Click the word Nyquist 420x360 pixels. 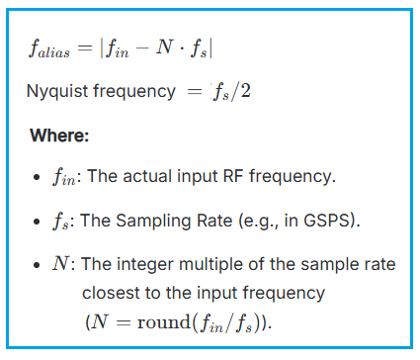coord(54,92)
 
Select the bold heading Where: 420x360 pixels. coord(60,135)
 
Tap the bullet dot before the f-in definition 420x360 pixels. coord(36,178)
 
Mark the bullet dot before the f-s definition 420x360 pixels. coord(36,222)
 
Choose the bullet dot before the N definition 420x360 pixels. coord(36,265)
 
